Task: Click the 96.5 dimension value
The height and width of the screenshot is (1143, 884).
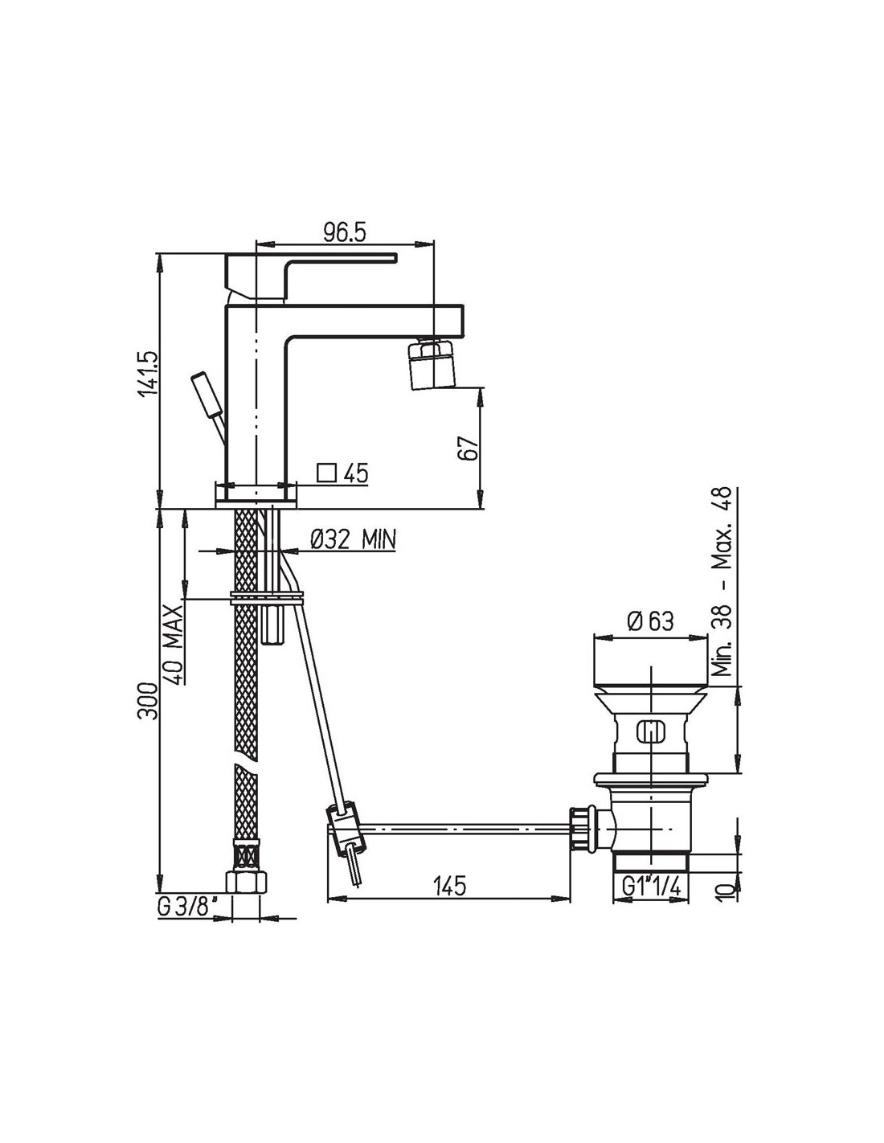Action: point(344,232)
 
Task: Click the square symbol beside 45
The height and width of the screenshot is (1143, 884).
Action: point(326,473)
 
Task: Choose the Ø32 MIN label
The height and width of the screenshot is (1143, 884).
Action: point(353,539)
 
